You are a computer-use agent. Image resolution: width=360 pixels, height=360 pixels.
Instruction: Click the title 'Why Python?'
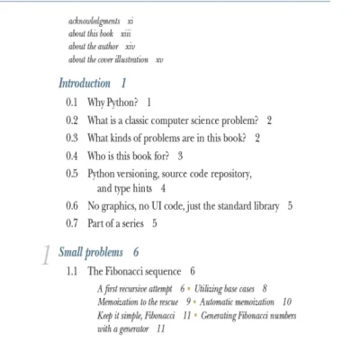pyautogui.click(x=113, y=102)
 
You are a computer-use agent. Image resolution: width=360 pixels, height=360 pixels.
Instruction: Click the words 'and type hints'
pyautogui.click(x=127, y=189)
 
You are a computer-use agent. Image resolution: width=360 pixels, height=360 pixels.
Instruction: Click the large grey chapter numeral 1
pyautogui.click(x=46, y=256)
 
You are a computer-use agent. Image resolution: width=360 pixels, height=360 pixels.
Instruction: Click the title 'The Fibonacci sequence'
pyautogui.click(x=136, y=270)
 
